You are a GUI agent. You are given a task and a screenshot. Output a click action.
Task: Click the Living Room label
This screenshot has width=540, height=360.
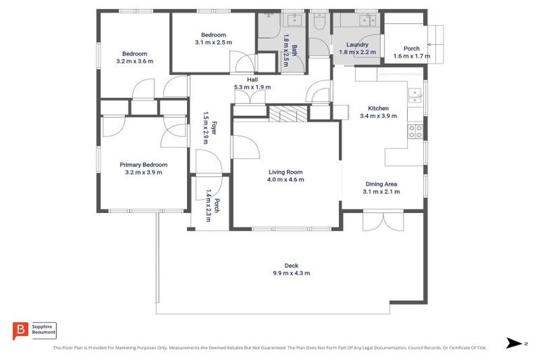coord(285,172)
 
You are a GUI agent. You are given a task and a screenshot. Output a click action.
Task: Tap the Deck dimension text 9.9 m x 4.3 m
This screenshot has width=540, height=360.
coord(291,273)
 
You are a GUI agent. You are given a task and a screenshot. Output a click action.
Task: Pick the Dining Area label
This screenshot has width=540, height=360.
coord(381,184)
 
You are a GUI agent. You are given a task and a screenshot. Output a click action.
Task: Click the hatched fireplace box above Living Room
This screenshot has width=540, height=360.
coord(285,114)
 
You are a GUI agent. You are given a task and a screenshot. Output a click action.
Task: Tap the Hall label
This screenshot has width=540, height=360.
coord(252,79)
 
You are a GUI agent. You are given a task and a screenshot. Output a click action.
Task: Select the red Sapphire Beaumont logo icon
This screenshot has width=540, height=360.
coord(20,330)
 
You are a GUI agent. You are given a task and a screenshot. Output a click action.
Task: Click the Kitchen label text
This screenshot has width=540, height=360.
coord(378,108)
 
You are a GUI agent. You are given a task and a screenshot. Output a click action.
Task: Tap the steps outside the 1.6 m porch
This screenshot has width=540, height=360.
coord(437,34)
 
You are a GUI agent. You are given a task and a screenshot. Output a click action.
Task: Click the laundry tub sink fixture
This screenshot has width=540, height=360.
coord(367,20)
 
